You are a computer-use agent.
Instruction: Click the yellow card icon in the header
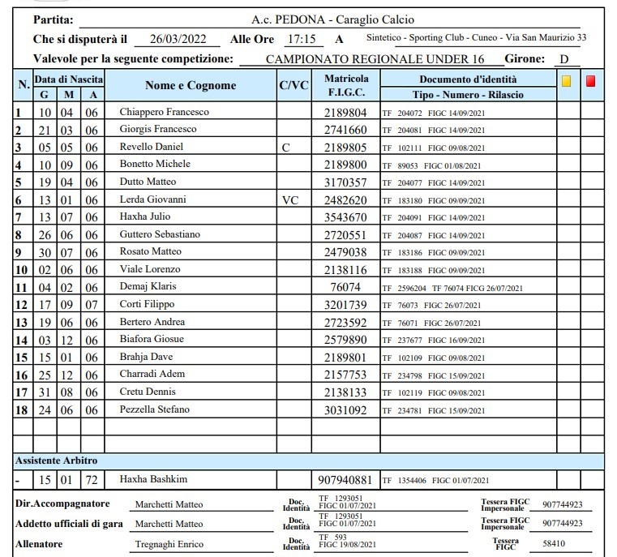[567, 81]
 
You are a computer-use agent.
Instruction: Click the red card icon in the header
[591, 81]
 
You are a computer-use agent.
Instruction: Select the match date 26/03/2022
[173, 39]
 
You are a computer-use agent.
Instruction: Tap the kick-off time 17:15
[302, 39]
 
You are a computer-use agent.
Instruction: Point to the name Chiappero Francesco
[165, 112]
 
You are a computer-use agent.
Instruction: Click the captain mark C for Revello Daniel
[285, 148]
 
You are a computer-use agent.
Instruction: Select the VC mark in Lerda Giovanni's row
[290, 199]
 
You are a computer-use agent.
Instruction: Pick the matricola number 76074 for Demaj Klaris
[346, 287]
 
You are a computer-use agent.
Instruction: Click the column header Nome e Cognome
[191, 86]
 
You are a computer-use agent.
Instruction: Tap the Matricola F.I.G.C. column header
[346, 86]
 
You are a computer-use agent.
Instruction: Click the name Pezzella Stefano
[155, 410]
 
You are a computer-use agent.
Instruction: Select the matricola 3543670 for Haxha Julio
[346, 217]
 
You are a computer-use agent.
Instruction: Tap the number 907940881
[346, 479]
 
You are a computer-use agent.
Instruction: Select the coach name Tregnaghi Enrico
[169, 544]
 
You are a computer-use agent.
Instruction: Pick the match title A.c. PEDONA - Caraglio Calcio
[330, 19]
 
